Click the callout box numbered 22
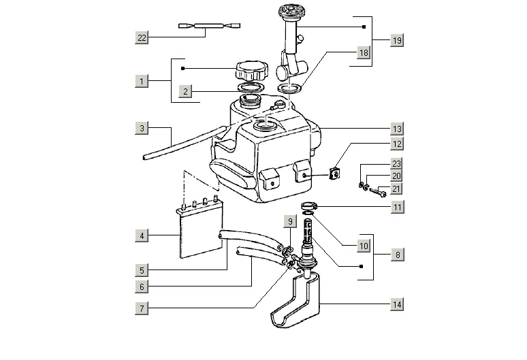[x=142, y=37]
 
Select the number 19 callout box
[x=397, y=40]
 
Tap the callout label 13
[x=397, y=129]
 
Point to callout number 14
[x=397, y=304]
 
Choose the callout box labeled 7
[x=142, y=308]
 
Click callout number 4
[x=142, y=235]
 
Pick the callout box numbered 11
[x=398, y=207]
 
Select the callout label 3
[x=142, y=128]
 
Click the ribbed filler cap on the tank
[x=252, y=71]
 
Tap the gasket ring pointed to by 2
[x=251, y=87]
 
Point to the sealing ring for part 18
[x=289, y=88]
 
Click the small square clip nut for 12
[x=334, y=174]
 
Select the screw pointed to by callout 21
[x=378, y=192]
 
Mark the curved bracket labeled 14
[x=296, y=301]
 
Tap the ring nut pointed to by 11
[x=309, y=206]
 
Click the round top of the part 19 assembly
[x=290, y=10]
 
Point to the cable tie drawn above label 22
[x=209, y=25]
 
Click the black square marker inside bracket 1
[x=183, y=69]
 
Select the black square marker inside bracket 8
[x=362, y=266]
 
